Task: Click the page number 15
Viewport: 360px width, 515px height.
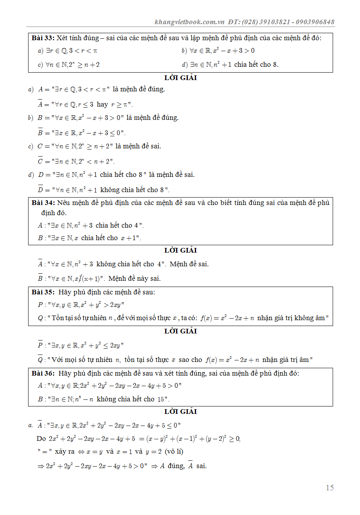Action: pos(330,488)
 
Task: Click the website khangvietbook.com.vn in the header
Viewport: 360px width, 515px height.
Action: pos(189,22)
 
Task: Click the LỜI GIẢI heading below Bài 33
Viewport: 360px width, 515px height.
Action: pos(180,78)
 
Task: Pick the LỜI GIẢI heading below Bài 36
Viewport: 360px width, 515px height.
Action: pos(180,412)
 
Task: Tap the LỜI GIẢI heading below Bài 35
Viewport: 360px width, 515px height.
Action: pos(180,331)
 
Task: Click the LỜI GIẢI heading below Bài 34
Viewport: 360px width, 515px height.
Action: pos(180,250)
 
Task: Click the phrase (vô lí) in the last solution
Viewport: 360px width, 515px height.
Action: pos(174,451)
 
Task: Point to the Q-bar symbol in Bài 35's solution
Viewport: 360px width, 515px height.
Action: pos(40,359)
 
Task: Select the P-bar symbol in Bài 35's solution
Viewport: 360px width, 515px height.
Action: pos(40,345)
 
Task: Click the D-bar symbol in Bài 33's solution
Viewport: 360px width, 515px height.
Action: pos(40,189)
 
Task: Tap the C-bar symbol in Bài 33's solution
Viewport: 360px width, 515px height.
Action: pos(40,161)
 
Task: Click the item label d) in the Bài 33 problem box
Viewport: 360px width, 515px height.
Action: pos(185,65)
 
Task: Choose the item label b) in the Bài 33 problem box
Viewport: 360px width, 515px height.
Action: pos(184,51)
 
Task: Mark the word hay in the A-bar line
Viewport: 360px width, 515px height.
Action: pos(102,105)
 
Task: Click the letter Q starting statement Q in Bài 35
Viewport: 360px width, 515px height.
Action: pos(40,318)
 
